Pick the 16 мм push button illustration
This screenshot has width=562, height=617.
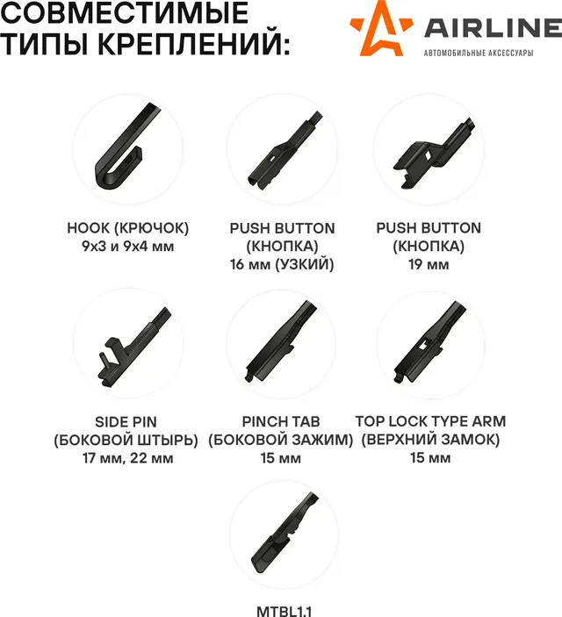[x=282, y=148]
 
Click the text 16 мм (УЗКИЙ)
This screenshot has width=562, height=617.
[x=282, y=264]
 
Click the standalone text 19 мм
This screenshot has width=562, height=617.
[x=429, y=264]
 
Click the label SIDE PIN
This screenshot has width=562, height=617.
[x=126, y=421]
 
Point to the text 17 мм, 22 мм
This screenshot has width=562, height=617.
[x=126, y=457]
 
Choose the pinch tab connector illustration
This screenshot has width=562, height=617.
[x=281, y=343]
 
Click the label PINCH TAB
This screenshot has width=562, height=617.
[x=281, y=421]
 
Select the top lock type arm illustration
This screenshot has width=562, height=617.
[x=430, y=343]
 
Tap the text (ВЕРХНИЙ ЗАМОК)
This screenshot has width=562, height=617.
[x=430, y=440]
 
